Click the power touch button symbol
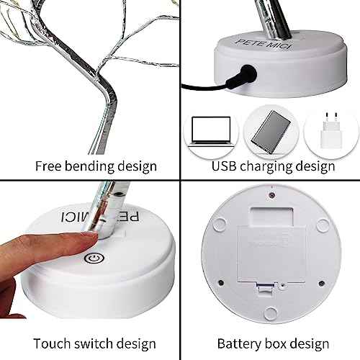(93, 257)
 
